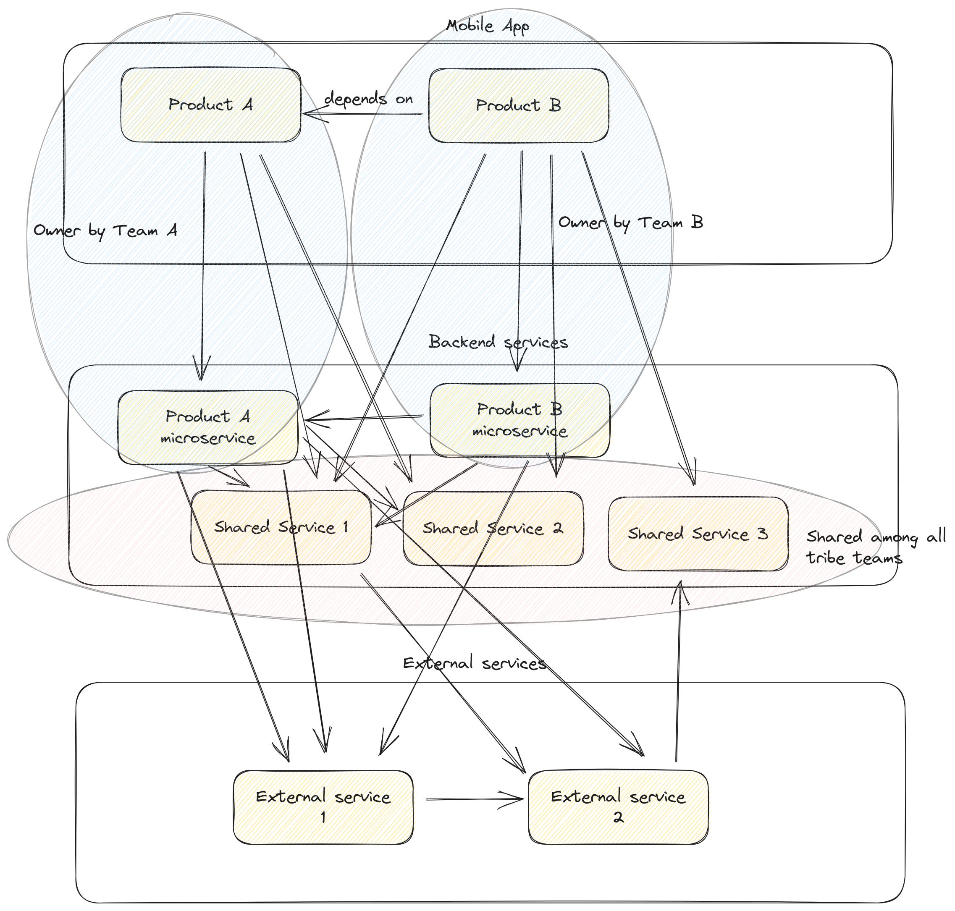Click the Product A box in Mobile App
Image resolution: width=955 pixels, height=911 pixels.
(210, 105)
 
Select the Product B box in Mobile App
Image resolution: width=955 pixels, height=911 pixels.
(518, 105)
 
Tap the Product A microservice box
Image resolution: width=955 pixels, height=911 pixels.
(208, 427)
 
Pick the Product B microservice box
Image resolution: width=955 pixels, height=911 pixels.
(520, 420)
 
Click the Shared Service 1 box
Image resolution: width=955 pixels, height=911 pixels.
(281, 527)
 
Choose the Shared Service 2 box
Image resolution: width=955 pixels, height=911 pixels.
(493, 529)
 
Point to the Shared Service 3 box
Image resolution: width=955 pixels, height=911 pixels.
(698, 534)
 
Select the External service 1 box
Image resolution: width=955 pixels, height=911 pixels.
(323, 807)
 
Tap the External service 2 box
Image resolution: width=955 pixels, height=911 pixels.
(618, 807)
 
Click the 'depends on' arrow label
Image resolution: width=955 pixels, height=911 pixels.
(369, 99)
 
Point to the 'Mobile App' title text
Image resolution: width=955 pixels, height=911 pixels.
(487, 26)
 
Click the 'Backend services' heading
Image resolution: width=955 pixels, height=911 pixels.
(498, 342)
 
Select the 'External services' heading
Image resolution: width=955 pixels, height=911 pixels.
(475, 663)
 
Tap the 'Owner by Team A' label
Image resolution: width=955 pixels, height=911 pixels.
(105, 230)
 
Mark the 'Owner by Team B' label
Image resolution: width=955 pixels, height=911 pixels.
(630, 223)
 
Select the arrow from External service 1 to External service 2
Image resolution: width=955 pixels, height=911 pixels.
(475, 799)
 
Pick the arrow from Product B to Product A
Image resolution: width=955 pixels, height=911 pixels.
(362, 115)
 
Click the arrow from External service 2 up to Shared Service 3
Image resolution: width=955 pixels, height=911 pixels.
(679, 670)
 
